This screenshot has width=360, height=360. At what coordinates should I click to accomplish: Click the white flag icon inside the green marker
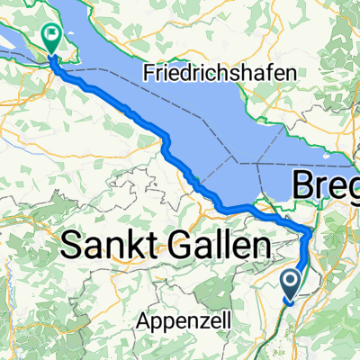click(51, 38)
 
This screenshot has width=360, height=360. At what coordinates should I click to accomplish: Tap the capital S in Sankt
click(72, 246)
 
